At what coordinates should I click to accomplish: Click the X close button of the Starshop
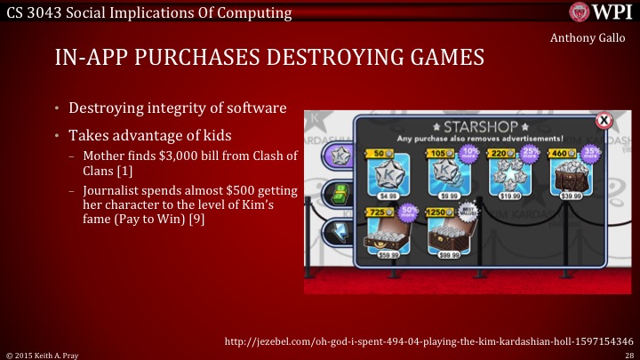coord(604,119)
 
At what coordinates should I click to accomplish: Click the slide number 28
coord(628,354)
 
